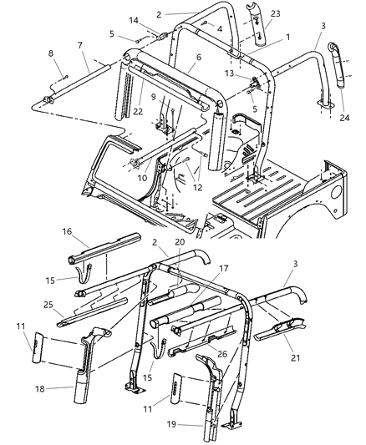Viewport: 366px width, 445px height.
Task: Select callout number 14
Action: (x=134, y=20)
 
